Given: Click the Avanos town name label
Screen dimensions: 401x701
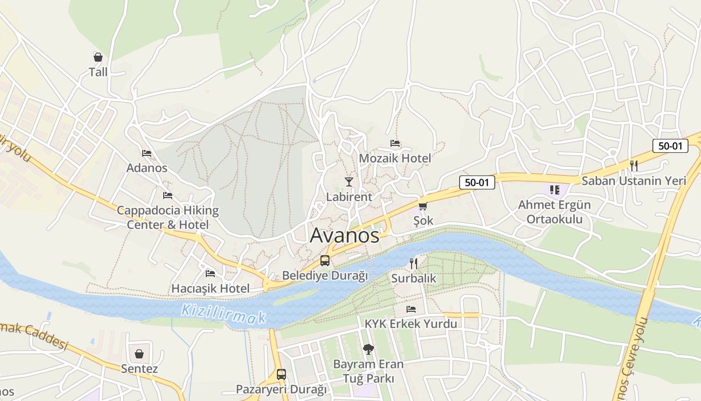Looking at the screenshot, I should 344,235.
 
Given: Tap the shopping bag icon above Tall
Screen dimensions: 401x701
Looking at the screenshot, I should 98,57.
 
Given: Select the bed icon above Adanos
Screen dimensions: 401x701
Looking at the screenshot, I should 147,153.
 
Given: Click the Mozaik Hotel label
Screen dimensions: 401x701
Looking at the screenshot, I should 395,158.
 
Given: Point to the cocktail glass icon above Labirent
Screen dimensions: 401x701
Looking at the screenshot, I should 349,181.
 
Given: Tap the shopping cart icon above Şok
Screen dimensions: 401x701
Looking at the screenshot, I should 423,206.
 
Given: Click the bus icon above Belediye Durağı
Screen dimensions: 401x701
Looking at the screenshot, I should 325,261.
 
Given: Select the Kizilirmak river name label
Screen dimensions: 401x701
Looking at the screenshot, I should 223,313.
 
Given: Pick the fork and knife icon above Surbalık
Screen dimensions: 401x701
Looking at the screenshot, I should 414,263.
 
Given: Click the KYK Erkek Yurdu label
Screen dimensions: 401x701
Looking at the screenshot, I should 411,324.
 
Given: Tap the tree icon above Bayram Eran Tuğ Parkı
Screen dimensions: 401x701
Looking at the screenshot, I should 369,349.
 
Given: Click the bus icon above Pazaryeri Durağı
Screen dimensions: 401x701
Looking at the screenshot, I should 281,374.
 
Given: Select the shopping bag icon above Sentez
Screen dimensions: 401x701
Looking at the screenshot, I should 139,354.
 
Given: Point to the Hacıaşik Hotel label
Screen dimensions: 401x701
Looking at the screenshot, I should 210,289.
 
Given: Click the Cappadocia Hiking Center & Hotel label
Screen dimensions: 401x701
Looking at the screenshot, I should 168,217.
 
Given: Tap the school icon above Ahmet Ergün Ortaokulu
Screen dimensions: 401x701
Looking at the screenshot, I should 554,189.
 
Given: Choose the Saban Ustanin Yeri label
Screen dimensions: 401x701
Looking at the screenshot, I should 633,180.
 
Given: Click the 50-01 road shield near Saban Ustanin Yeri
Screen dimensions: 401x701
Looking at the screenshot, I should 670,146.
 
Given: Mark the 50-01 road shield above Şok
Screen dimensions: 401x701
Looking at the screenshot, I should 477,182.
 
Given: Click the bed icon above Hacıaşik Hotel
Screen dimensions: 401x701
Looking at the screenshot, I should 210,274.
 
